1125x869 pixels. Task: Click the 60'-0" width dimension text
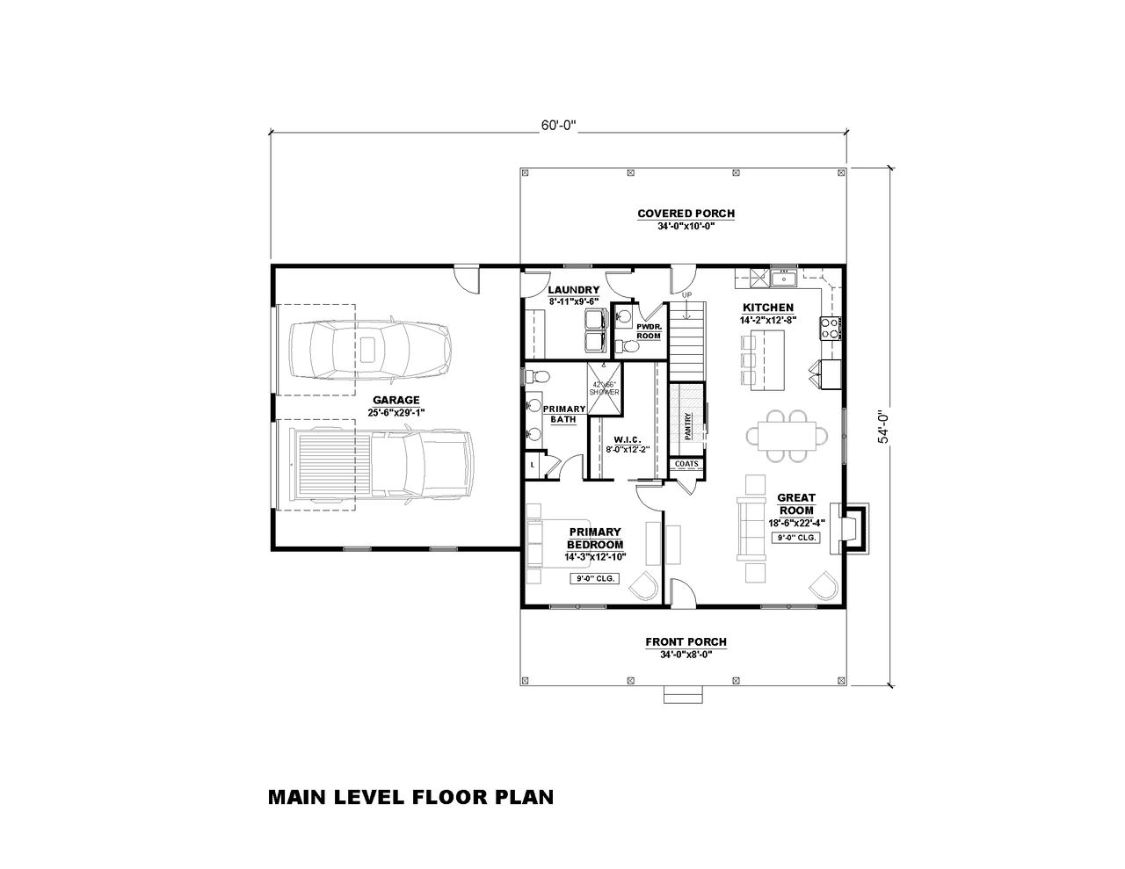(557, 125)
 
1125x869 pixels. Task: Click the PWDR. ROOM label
(649, 331)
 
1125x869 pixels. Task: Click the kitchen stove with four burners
(829, 329)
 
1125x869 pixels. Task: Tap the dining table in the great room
(787, 434)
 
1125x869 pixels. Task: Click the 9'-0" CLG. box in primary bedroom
(595, 579)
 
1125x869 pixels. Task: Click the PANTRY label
(688, 424)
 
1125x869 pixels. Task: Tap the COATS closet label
(686, 463)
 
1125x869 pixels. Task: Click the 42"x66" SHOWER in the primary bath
(604, 387)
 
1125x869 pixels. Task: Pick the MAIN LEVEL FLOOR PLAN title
(410, 797)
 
